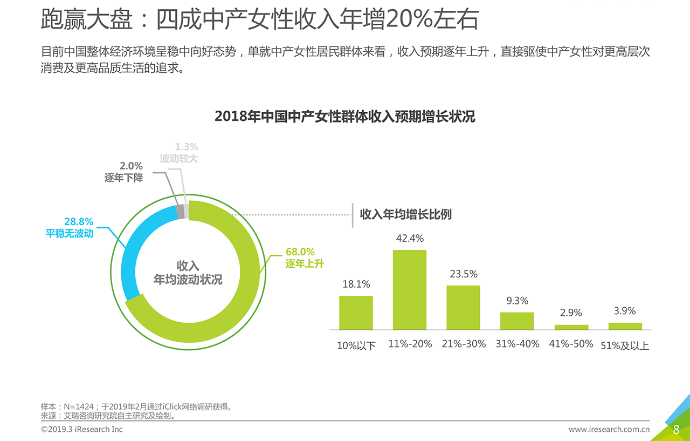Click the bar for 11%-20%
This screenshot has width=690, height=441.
coord(409,289)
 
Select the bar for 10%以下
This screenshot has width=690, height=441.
coord(356,313)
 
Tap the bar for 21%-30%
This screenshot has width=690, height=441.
coord(463,307)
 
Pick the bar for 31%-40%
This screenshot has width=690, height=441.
coord(517,321)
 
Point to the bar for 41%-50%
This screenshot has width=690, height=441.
coord(571,327)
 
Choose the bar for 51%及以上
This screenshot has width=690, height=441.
coord(625,326)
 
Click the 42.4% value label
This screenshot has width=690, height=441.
coord(410,238)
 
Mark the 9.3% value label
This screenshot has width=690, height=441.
coord(517,301)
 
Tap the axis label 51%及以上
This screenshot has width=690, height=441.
coord(625,345)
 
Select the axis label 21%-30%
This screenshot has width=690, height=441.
coord(464,344)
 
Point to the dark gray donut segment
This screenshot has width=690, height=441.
coord(181,211)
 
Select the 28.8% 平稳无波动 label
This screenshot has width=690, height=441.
coord(70,227)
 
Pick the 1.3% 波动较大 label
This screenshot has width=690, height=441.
coord(180,153)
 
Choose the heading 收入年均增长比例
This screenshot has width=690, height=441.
coord(405,214)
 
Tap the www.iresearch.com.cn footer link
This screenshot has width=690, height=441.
coord(609,430)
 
